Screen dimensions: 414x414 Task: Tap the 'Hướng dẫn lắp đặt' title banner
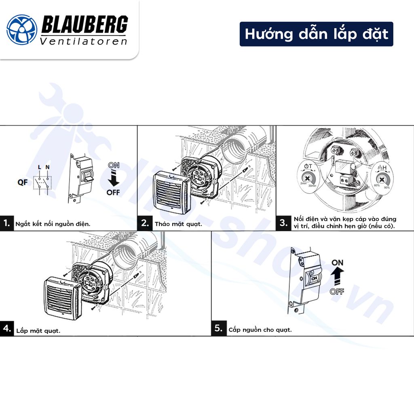316,34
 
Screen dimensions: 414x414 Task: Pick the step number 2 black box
145,223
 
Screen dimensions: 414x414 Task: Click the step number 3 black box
283,223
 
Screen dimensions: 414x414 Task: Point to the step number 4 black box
6,328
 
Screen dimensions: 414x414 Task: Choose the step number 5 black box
218,328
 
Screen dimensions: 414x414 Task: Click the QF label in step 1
23,182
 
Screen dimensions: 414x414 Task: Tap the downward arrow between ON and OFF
114,178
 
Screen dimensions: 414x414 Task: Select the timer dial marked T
307,177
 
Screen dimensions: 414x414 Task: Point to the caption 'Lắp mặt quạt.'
38,331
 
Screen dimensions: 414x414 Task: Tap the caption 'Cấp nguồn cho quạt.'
260,330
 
